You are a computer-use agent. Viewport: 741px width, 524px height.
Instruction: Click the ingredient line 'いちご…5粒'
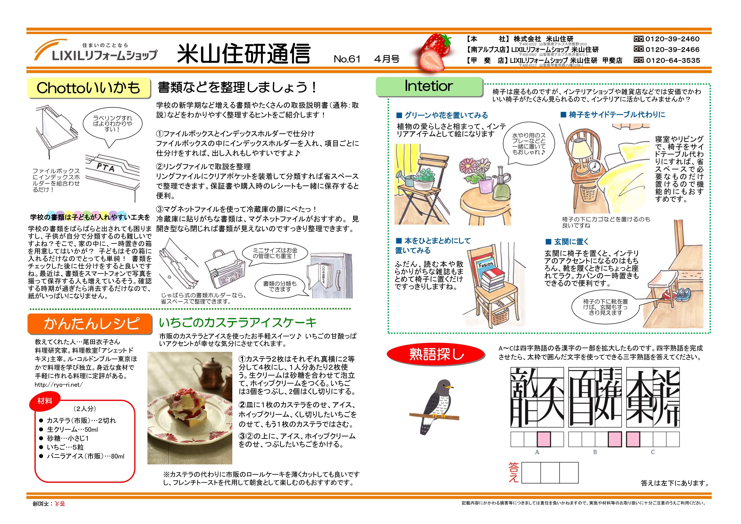pos(65,447)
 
